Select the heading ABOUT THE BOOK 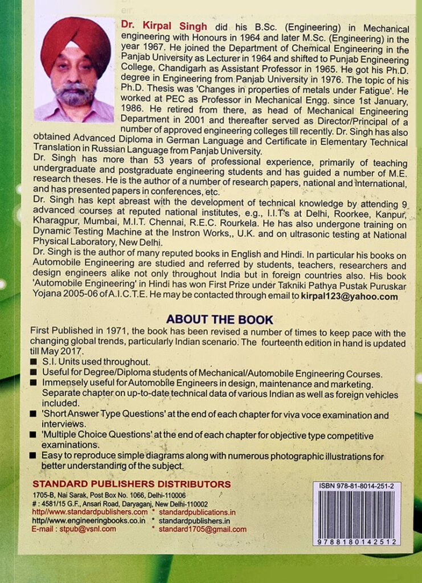(219, 319)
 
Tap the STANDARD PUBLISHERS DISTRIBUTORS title (132, 484)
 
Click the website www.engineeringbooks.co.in (91, 520)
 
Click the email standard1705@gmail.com (203, 529)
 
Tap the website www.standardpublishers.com (91, 512)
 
